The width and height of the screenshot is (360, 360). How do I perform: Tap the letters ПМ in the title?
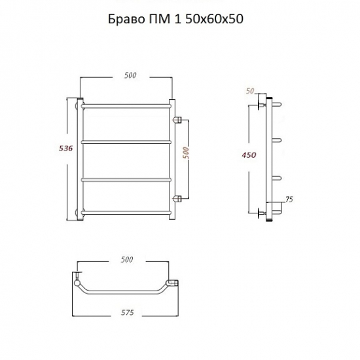coord(158,19)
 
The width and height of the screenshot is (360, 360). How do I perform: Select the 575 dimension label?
coord(128,313)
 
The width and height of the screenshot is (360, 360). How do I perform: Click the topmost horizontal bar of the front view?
coord(126,104)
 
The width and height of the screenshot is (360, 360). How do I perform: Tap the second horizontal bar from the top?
coord(126,140)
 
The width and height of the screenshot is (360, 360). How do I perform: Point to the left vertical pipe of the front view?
coord(81,160)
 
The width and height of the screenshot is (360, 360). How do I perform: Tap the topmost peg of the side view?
coord(277,104)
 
